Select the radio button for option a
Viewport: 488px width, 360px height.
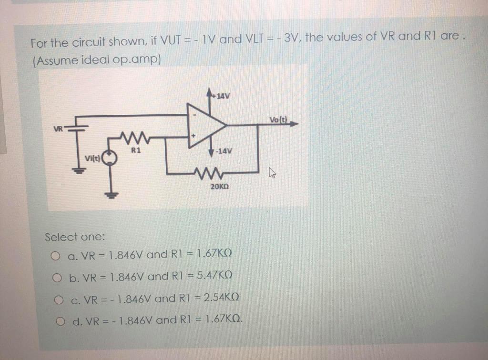tap(56, 257)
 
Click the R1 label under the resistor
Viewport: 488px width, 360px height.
tap(136, 150)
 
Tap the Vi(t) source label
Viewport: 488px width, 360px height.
tap(93, 159)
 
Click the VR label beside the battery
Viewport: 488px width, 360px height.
tap(59, 128)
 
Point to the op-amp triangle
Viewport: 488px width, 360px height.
tap(205, 125)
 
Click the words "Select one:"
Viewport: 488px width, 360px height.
tap(75, 237)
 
